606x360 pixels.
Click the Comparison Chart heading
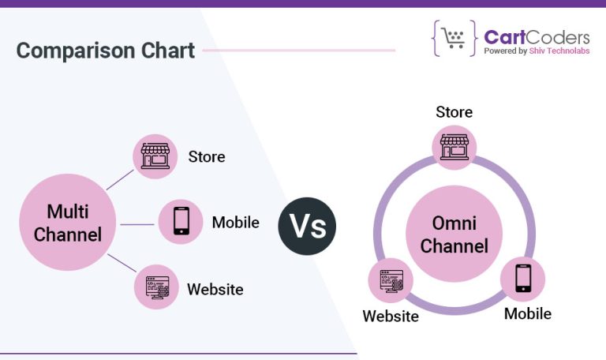(105, 51)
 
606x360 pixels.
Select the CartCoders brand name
(537, 37)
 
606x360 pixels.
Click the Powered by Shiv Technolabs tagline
(537, 51)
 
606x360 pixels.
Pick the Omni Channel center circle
(453, 234)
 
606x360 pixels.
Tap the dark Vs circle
(307, 226)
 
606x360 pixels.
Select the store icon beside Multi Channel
(155, 156)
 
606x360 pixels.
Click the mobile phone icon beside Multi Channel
(181, 222)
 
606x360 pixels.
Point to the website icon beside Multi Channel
(155, 287)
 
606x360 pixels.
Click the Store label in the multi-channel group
(207, 156)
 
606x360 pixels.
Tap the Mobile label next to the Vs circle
(235, 223)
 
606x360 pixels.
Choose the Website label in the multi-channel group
(215, 289)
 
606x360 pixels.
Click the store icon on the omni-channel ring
(454, 147)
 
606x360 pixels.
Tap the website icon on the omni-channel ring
(391, 280)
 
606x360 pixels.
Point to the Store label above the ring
(454, 112)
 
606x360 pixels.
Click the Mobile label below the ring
(528, 313)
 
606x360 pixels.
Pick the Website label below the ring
(391, 317)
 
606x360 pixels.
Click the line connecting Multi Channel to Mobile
(137, 224)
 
